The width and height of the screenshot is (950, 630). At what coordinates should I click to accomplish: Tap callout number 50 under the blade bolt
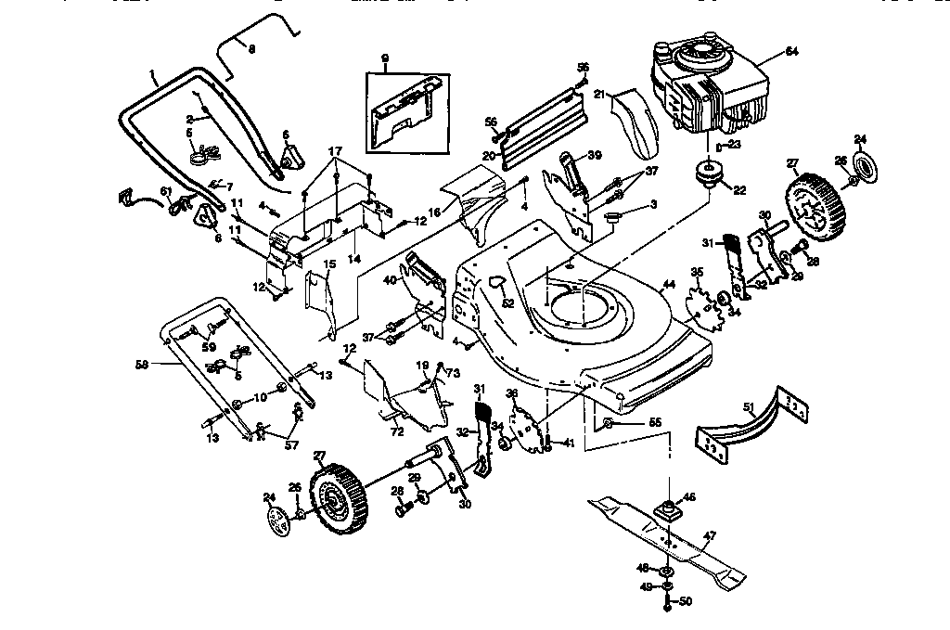(686, 602)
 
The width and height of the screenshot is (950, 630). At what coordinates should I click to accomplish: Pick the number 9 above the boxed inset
(385, 59)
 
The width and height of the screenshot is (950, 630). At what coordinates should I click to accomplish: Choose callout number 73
(453, 373)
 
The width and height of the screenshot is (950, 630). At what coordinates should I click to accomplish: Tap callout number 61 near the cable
(166, 191)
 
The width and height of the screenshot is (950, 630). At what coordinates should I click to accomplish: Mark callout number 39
(596, 155)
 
